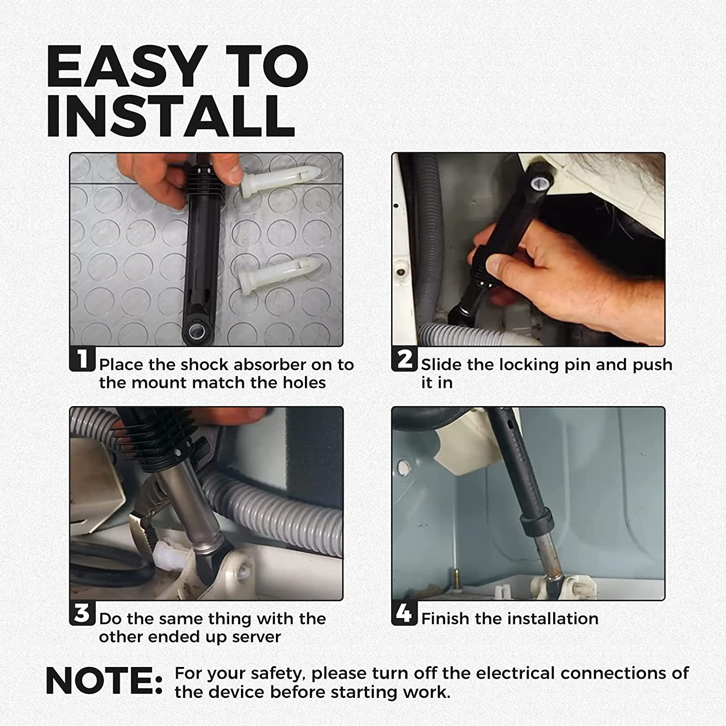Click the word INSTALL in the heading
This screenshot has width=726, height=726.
coord(171,116)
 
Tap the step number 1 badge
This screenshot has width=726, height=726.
coord(82,359)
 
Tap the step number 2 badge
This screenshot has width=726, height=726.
coord(404,359)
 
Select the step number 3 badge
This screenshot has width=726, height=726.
coord(82,613)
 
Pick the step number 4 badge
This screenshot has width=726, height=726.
coord(404,613)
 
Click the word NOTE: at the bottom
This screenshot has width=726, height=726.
coord(105,681)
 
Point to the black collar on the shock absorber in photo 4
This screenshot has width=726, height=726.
coord(536,521)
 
